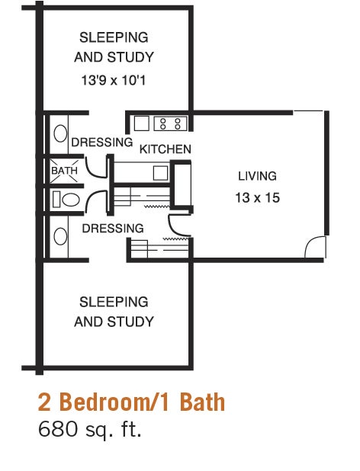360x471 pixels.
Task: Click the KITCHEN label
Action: click(x=165, y=149)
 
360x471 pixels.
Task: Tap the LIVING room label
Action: click(x=258, y=176)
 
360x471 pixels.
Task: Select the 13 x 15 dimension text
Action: click(x=258, y=198)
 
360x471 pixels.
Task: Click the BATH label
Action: click(x=64, y=171)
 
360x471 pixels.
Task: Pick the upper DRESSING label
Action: click(x=102, y=143)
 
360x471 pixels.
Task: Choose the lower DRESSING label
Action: click(x=113, y=228)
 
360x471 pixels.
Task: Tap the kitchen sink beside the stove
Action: click(x=142, y=122)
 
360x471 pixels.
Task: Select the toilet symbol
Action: click(x=67, y=200)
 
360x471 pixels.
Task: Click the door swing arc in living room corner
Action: click(x=315, y=247)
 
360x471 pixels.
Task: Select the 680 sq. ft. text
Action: click(x=90, y=429)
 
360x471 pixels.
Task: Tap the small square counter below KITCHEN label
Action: click(x=159, y=172)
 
